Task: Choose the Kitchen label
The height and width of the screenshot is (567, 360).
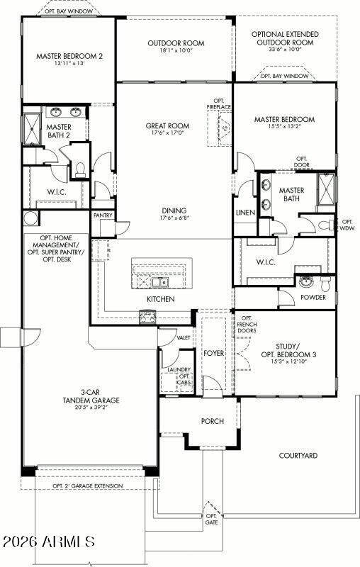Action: point(160,299)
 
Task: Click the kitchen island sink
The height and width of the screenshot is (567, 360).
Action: point(164,283)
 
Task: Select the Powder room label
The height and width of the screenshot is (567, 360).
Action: point(313,298)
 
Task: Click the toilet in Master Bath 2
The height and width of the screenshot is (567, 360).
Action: point(80,169)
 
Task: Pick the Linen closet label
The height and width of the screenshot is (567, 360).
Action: point(245,213)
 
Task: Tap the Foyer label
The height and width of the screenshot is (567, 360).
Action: point(213,352)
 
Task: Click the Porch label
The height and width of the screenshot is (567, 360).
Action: point(212,421)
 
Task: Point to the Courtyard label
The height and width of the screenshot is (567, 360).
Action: point(298,456)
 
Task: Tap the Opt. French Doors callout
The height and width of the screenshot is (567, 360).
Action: point(247,325)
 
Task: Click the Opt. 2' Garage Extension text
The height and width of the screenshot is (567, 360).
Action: point(87,486)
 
